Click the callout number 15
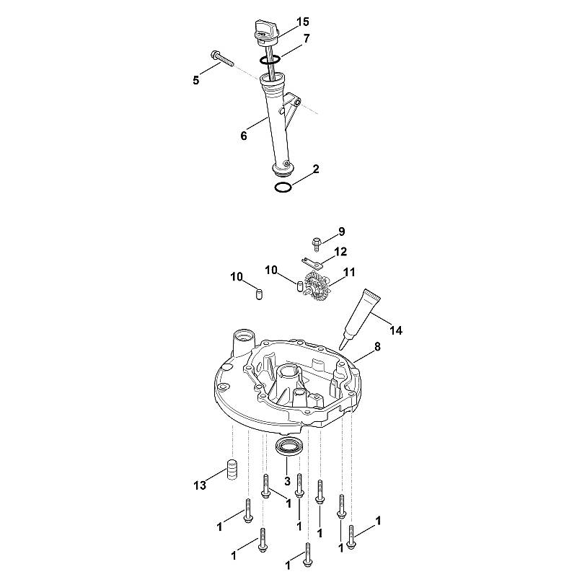(302, 22)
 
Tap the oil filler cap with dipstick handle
(265, 33)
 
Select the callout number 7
(306, 38)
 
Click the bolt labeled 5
(222, 59)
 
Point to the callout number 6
(244, 136)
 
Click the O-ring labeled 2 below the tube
(283, 188)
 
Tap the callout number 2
(316, 169)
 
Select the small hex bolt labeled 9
(316, 244)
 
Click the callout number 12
(340, 252)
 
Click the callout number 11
(349, 273)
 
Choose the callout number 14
(396, 330)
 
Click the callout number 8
(377, 346)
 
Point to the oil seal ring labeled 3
(290, 446)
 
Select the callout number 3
(287, 481)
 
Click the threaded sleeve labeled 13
(230, 470)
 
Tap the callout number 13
(200, 485)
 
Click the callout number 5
(195, 80)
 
